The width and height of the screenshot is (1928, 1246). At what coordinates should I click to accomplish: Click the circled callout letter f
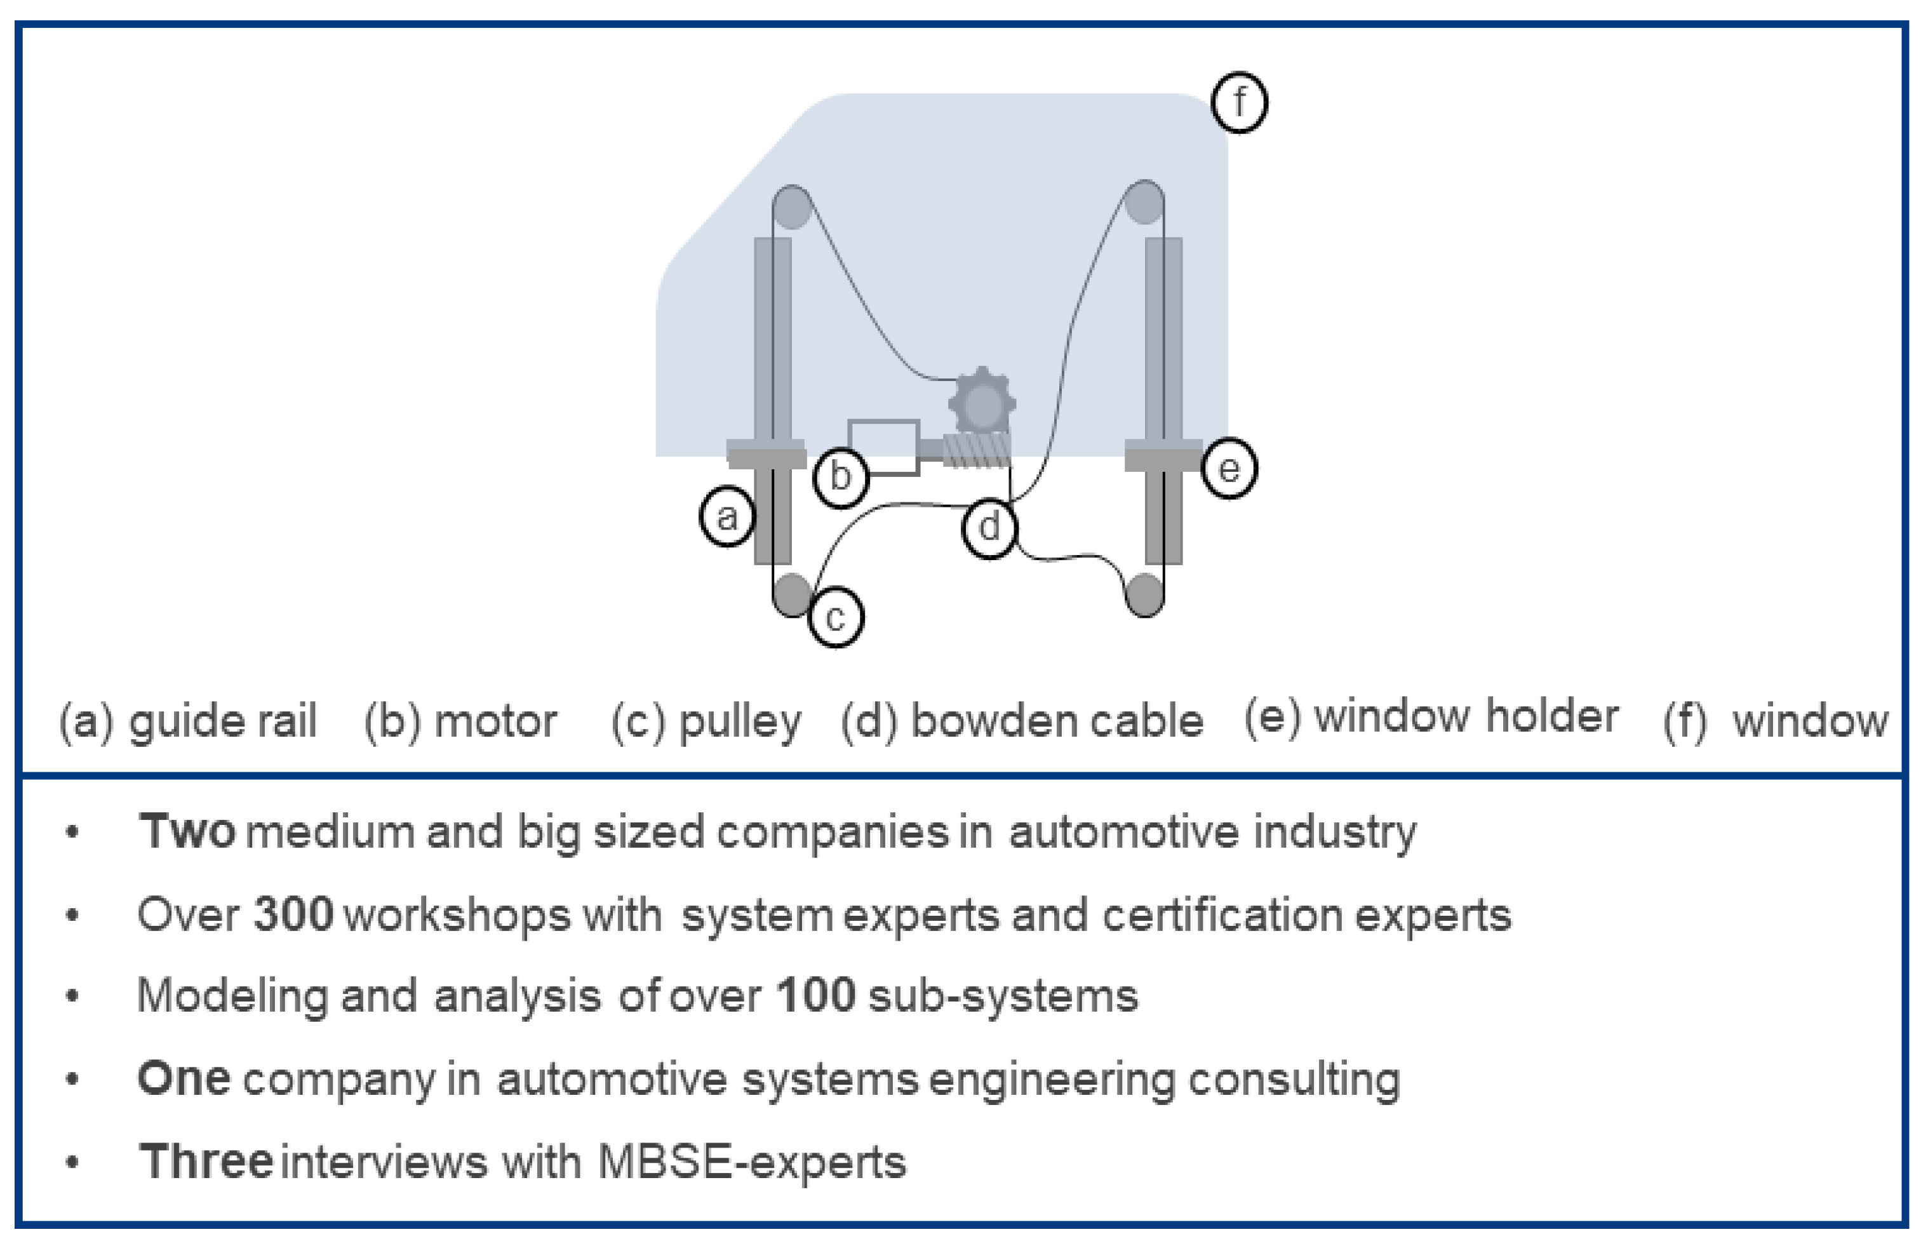[x=1239, y=103]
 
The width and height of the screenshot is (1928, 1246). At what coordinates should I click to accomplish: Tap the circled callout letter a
[x=727, y=516]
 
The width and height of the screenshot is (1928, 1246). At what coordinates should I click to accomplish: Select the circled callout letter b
[x=841, y=476]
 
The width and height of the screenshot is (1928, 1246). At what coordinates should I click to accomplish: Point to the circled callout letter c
[x=836, y=619]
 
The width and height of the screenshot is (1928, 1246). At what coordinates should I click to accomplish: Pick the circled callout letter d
[x=989, y=528]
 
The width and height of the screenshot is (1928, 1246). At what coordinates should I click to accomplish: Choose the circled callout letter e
[x=1228, y=469]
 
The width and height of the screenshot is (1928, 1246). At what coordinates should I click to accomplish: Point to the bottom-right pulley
[x=1144, y=594]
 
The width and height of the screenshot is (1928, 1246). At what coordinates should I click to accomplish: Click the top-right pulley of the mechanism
[x=1144, y=203]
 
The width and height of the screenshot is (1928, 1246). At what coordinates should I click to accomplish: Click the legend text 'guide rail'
[x=222, y=721]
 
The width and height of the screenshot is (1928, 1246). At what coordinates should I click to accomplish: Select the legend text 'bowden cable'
[x=1057, y=721]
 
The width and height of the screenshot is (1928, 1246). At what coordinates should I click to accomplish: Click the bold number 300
[x=293, y=915]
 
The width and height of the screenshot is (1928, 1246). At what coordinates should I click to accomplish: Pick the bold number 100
[x=815, y=995]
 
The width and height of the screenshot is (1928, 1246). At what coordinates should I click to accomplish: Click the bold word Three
[x=206, y=1162]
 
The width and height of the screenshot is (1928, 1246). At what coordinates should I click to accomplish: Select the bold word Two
[x=187, y=832]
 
